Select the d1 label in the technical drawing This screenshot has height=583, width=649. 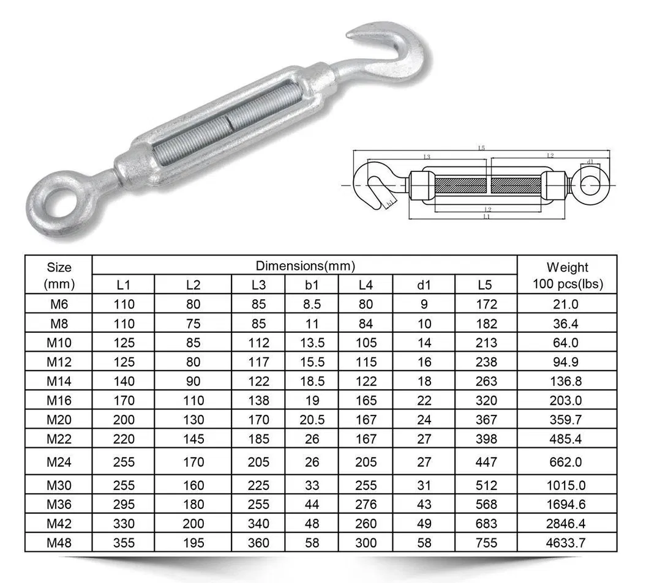(x=590, y=162)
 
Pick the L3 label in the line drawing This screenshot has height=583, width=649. (x=426, y=157)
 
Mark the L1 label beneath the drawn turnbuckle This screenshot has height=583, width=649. (x=486, y=217)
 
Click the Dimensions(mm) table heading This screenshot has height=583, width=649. (x=305, y=266)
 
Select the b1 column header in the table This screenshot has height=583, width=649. (x=312, y=284)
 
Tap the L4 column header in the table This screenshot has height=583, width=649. (x=366, y=284)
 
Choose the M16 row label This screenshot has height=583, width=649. (x=59, y=400)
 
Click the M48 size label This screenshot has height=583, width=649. (x=59, y=543)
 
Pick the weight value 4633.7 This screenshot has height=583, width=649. (x=567, y=543)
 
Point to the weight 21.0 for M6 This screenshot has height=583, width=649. (x=567, y=304)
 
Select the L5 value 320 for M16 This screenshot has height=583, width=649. (x=486, y=400)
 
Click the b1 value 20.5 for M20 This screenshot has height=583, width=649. (x=312, y=420)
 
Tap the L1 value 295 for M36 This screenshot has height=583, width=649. (x=123, y=505)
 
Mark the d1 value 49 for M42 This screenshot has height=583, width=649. (x=424, y=524)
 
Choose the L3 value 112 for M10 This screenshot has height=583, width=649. (x=258, y=343)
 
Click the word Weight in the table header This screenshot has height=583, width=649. (x=567, y=267)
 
